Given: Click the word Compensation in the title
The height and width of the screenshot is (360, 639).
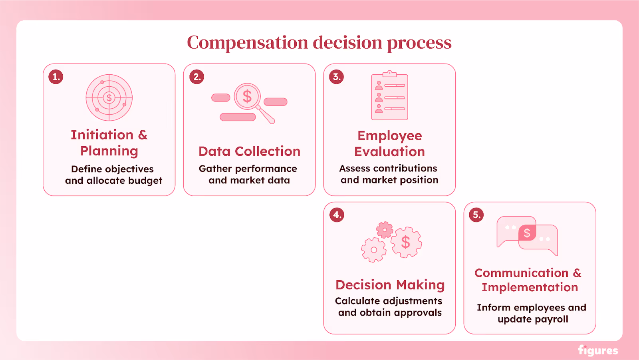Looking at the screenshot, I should pos(248,42).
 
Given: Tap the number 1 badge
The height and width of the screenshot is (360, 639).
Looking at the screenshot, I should pos(56,77).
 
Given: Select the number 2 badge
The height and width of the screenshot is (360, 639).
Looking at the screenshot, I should pos(196,77).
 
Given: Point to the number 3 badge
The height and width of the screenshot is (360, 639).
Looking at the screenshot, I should pos(337,77).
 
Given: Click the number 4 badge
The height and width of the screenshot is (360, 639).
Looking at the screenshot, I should pos(337,215).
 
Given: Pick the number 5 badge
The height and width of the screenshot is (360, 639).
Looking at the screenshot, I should pos(476,215).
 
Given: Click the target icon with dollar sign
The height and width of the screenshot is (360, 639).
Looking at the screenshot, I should pos(109,97).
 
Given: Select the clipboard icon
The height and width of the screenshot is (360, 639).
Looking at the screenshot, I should pos(389,96).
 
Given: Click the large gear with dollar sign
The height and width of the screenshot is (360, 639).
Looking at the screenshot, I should pos(406,242).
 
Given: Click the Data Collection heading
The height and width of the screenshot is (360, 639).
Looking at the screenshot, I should pos(249,151).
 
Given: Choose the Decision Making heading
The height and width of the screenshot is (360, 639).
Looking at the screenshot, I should pos(390,285).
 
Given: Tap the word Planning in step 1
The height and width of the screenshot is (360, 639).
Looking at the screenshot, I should pos(109,151).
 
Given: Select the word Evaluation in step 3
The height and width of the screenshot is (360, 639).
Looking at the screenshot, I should pos(389,152).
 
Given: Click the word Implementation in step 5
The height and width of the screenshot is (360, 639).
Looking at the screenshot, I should pos(530,287).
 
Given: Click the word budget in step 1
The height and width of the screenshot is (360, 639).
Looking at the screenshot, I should pos(145,181).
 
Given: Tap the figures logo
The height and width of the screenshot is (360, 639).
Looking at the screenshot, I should pos(598,350).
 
